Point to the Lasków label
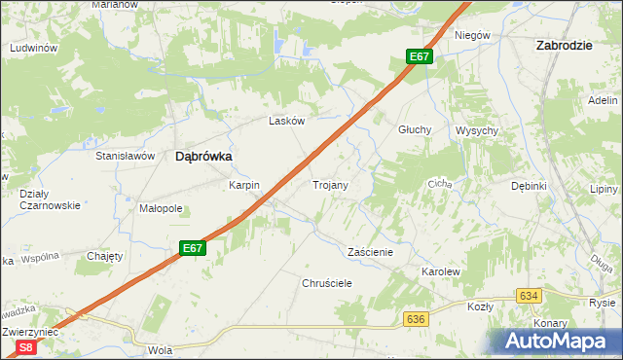coord(287,122)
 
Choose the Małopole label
coord(161,208)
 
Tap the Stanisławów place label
coord(126,156)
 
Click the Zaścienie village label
coord(370,251)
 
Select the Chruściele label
coord(326,282)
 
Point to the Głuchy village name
coord(415,130)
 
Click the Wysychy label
coord(477,130)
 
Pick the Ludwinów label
coord(33,47)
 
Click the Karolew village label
coord(440,271)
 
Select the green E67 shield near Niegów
coord(420,56)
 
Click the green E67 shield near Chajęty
coord(193,249)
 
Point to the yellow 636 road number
coord(416,319)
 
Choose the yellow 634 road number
coord(529,295)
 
